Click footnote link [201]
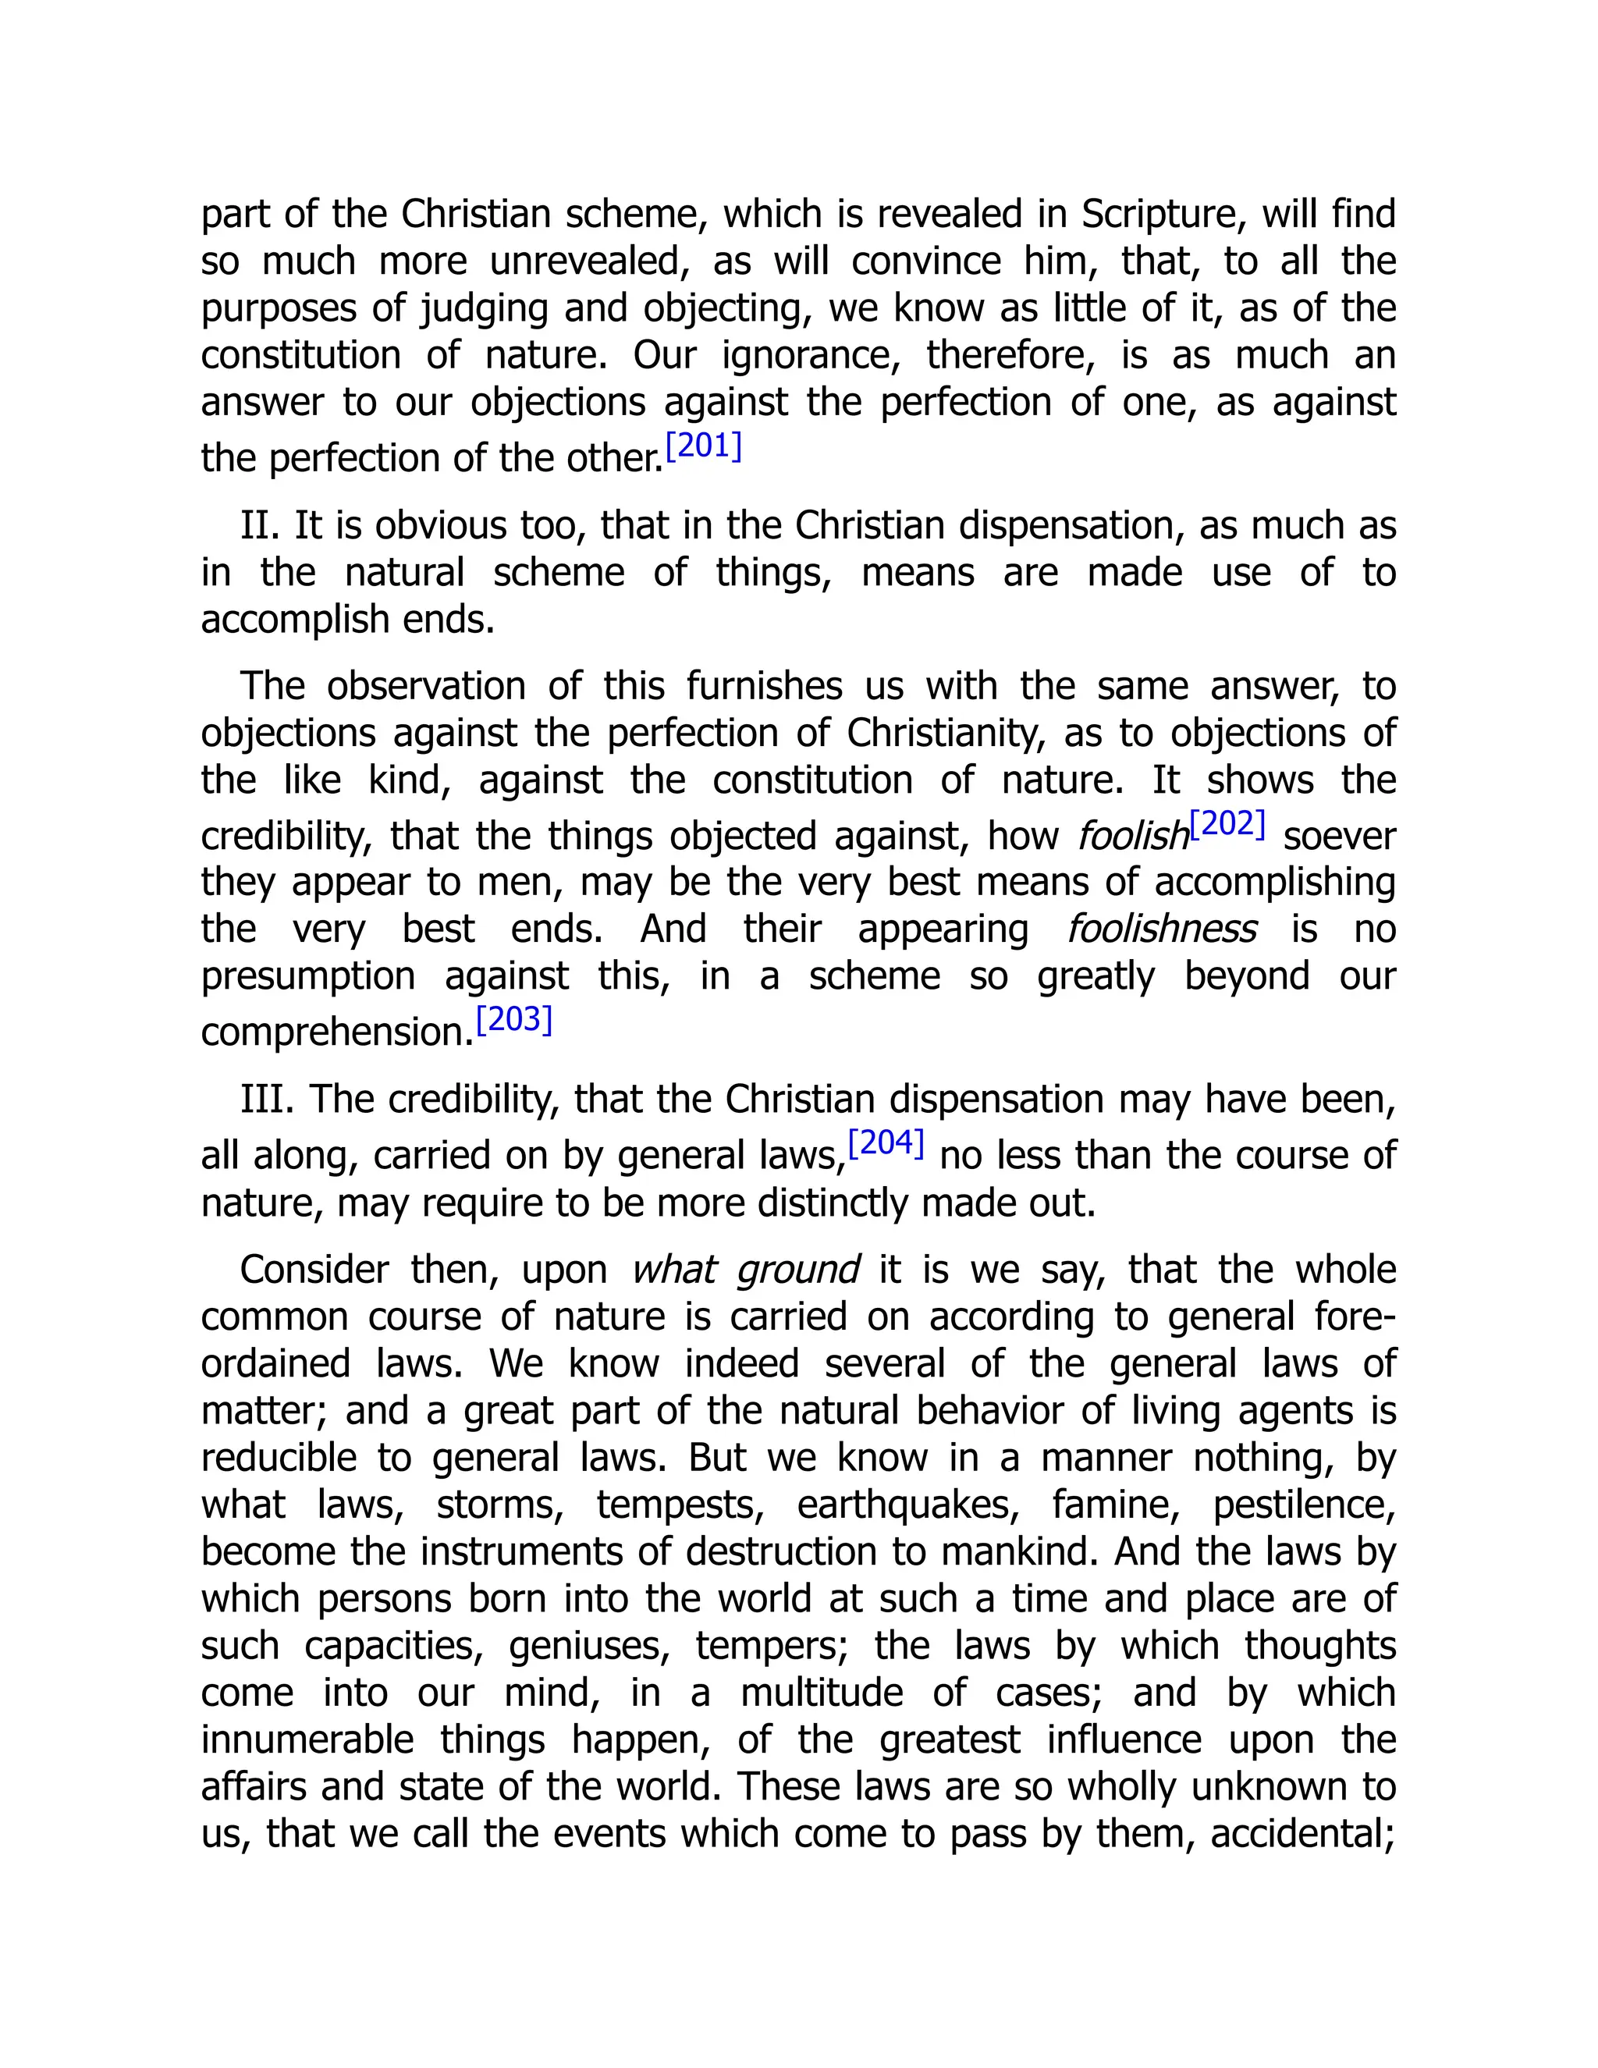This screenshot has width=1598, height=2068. pyautogui.click(x=703, y=445)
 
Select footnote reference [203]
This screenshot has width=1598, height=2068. pyautogui.click(x=514, y=1019)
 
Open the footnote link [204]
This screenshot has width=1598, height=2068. pyautogui.click(x=885, y=1143)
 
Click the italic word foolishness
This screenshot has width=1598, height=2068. pyautogui.click(x=1162, y=929)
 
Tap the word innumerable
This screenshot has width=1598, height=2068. pyautogui.click(x=307, y=1739)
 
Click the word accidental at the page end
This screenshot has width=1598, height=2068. pyautogui.click(x=1301, y=1834)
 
